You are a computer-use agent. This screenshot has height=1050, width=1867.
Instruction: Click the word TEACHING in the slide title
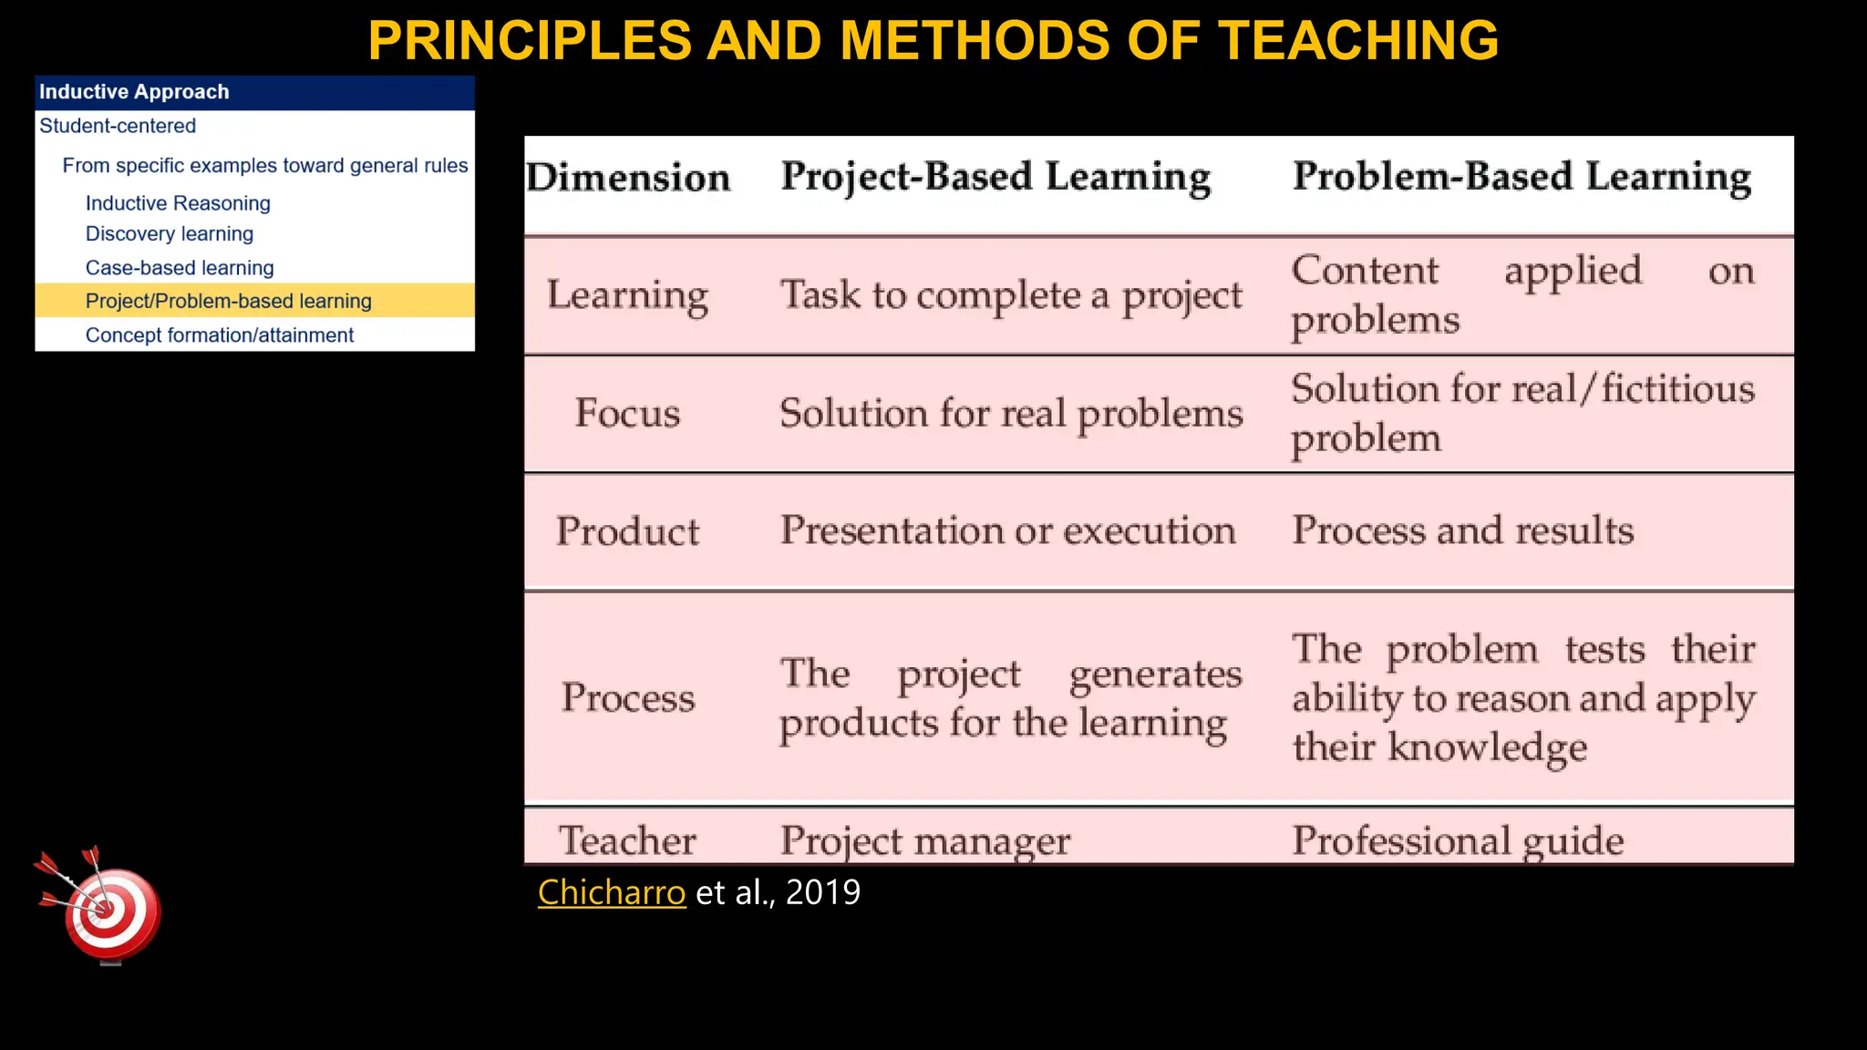(1358, 40)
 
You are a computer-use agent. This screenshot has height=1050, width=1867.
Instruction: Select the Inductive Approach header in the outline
(134, 92)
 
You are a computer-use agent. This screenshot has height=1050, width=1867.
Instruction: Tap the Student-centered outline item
(118, 126)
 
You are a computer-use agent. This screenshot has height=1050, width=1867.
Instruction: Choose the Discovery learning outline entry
(170, 234)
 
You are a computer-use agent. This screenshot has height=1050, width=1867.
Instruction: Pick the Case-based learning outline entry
(180, 268)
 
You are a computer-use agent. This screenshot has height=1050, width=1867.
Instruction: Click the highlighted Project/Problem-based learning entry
(228, 301)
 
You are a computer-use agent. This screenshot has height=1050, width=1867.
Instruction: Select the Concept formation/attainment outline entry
(219, 335)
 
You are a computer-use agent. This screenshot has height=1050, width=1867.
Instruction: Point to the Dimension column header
(628, 178)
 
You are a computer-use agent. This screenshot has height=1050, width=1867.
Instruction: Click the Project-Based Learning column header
(995, 177)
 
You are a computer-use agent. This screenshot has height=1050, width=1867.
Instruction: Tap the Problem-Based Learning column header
(1521, 177)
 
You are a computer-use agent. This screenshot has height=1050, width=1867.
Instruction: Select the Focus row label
(627, 414)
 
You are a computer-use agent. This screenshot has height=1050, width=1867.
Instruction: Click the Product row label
(627, 531)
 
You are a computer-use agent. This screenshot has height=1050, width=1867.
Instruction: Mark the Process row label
(627, 698)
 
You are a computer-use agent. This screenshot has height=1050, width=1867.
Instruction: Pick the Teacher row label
(627, 840)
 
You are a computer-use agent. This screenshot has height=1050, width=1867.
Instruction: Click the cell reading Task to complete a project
(1010, 295)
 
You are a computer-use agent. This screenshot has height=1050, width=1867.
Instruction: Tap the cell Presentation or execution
(1007, 530)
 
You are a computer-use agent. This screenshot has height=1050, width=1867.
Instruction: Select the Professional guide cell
(1458, 840)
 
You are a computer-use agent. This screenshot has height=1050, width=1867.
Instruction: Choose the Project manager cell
(924, 840)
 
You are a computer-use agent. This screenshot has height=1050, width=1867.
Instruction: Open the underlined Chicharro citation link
(611, 892)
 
